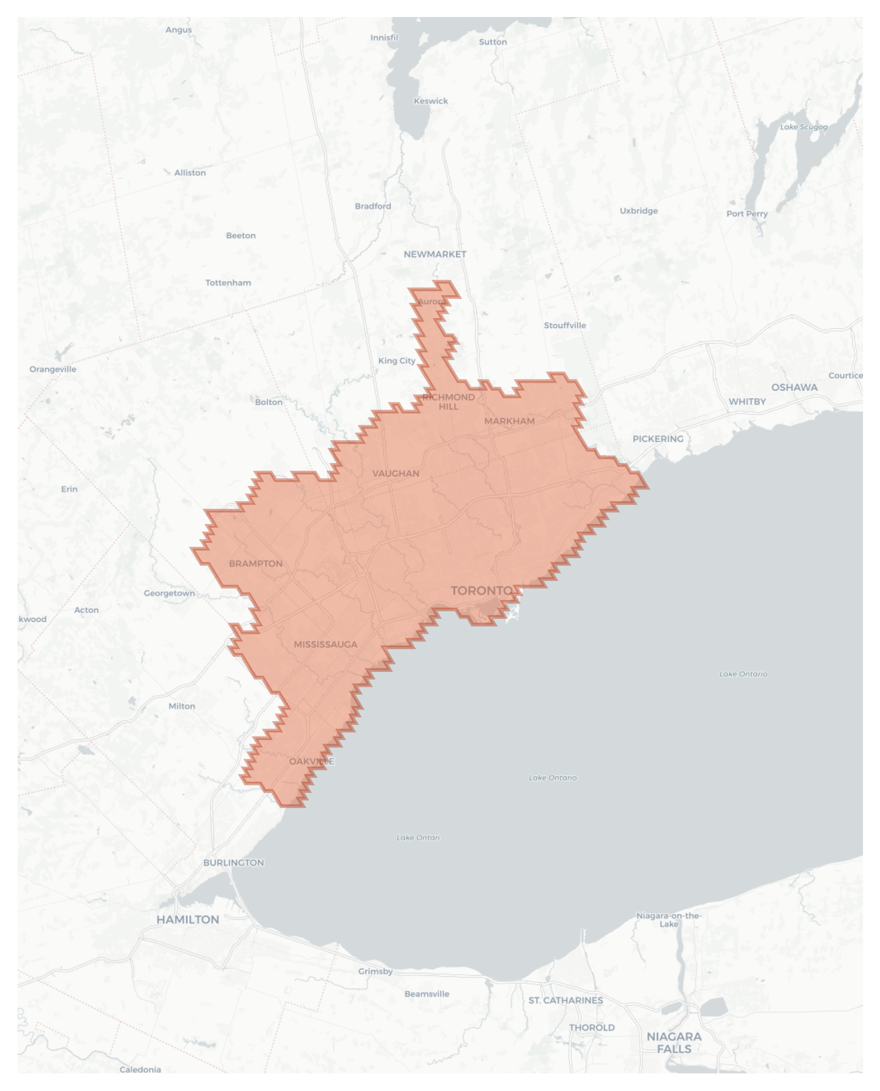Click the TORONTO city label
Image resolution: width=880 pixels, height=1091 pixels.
pos(482,590)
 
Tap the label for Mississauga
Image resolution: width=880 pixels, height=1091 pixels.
pos(326,644)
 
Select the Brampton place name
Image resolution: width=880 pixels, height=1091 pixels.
pos(256,563)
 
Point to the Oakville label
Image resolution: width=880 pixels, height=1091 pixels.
pos(312,761)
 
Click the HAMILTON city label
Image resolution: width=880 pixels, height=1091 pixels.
pos(188,920)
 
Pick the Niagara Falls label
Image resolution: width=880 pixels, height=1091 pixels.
pos(674,1042)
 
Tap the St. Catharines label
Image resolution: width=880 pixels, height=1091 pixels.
pos(566,1000)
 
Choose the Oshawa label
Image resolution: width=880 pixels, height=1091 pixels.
pos(794,387)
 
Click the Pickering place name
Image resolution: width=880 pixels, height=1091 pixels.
pos(658,438)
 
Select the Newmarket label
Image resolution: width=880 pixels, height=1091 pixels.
pos(435,254)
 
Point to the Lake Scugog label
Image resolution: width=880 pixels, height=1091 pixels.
pos(804,127)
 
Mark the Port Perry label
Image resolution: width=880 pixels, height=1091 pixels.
pos(747,214)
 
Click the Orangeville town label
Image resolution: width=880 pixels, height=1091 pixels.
pos(53,369)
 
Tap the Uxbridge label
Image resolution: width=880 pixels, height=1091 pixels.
pos(639,211)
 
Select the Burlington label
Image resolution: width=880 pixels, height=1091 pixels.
pos(233,862)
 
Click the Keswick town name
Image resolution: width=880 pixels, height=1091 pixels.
pos(431,101)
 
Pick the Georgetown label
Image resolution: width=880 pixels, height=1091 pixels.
pos(170,593)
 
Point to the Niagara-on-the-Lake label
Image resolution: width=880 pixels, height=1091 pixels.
pos(669,920)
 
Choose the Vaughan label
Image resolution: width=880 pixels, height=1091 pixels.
pos(396,473)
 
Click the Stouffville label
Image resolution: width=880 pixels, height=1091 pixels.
pos(565,325)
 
